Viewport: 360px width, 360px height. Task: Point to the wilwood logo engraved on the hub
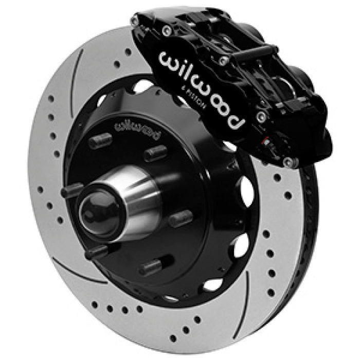tap(137, 127)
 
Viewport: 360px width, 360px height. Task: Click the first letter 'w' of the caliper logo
tap(170, 60)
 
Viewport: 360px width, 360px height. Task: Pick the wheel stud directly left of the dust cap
tap(72, 191)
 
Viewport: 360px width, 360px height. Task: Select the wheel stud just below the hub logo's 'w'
tap(100, 141)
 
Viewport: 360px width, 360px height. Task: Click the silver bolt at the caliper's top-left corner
tap(134, 22)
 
